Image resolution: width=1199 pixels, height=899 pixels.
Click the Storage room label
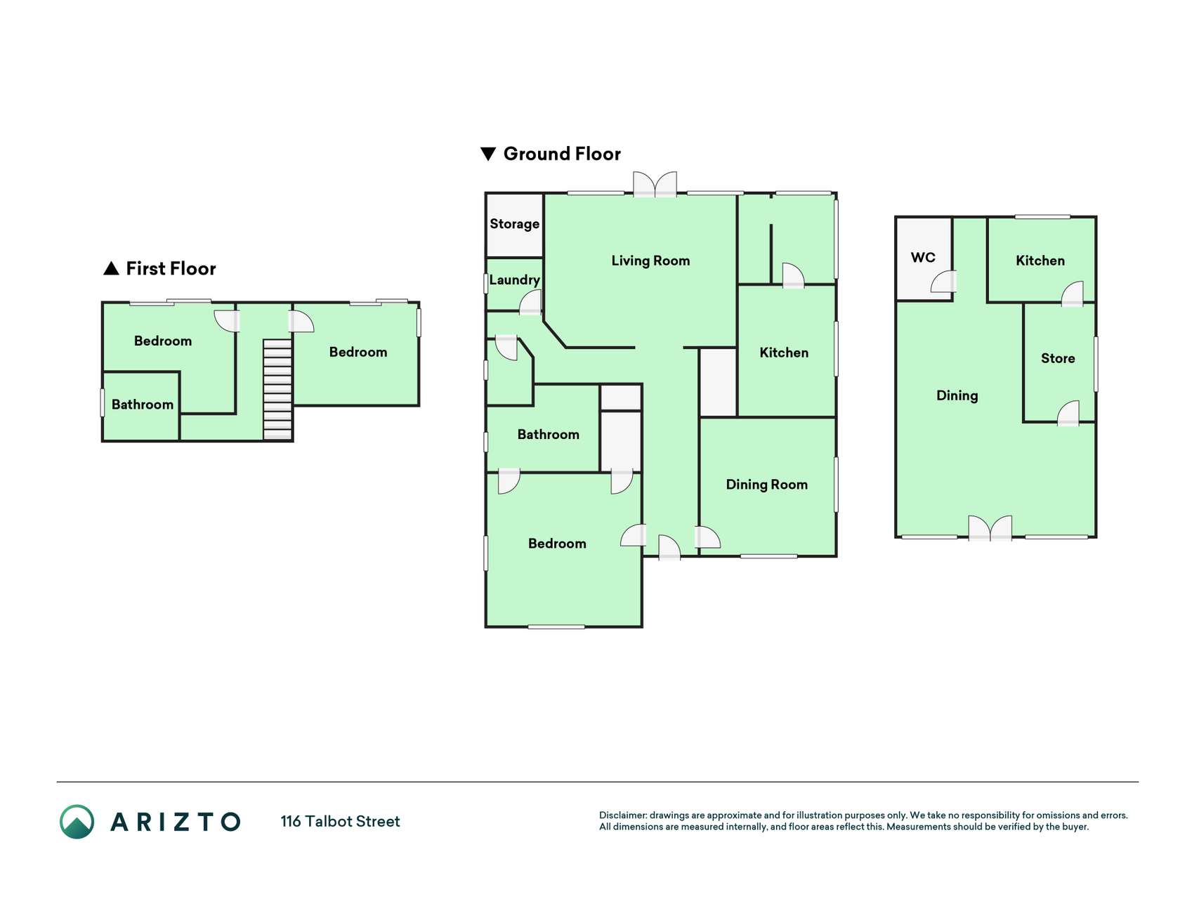(514, 224)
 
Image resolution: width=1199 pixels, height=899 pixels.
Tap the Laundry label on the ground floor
(514, 280)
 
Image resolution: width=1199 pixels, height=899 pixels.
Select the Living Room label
(650, 261)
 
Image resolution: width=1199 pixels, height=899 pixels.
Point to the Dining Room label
(766, 485)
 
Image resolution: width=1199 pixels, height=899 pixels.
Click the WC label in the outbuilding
(923, 257)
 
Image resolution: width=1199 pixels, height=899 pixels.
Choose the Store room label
(1058, 358)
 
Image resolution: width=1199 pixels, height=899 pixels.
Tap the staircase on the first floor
(277, 390)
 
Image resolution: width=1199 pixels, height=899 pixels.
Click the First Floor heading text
(171, 268)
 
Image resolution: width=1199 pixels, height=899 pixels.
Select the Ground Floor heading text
(562, 154)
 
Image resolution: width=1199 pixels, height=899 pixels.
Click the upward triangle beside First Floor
(111, 268)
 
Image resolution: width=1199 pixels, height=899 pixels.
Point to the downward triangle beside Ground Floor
(488, 154)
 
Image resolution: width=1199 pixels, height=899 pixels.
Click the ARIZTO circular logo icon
(77, 822)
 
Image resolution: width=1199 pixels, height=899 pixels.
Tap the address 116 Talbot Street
(340, 821)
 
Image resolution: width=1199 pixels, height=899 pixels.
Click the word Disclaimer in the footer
(623, 815)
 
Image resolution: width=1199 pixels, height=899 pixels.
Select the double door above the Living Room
(655, 184)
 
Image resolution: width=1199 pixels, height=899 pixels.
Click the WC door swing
(943, 282)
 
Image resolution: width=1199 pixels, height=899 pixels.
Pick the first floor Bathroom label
(143, 405)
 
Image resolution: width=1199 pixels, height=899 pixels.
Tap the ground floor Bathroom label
(549, 435)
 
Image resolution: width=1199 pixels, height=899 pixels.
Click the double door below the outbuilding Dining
(990, 528)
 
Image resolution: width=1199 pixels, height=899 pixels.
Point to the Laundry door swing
(531, 302)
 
